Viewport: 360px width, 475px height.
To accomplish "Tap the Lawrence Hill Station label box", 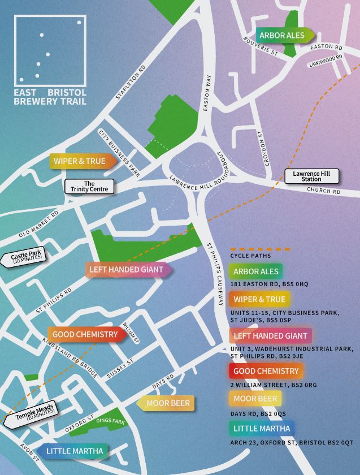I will (311, 176).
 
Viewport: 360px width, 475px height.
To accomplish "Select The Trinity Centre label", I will (89, 187).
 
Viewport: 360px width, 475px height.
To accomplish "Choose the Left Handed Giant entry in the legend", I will (270, 336).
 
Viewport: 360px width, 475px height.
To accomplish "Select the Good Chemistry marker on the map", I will (86, 335).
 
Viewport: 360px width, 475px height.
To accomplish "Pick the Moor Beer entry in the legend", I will (255, 399).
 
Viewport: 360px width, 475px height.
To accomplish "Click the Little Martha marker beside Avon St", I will (73, 451).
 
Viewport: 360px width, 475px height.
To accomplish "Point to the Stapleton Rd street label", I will (131, 82).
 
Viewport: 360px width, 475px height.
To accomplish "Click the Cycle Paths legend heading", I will (251, 256).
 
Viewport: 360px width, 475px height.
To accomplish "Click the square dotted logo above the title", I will (50, 50).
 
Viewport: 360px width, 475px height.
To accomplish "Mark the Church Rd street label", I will (324, 191).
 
